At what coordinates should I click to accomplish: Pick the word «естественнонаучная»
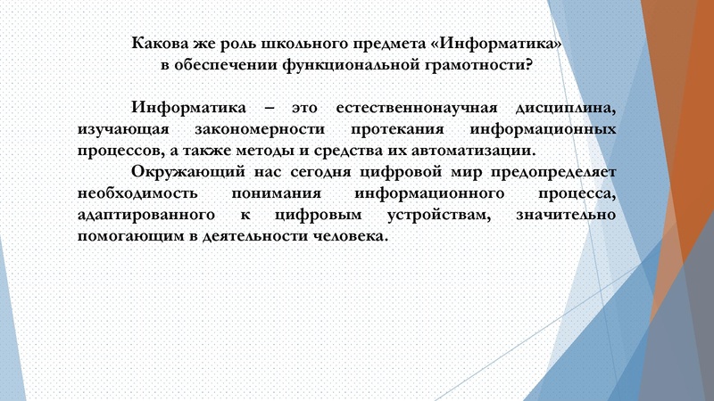(410, 108)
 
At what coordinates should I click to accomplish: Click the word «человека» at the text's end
(353, 238)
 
